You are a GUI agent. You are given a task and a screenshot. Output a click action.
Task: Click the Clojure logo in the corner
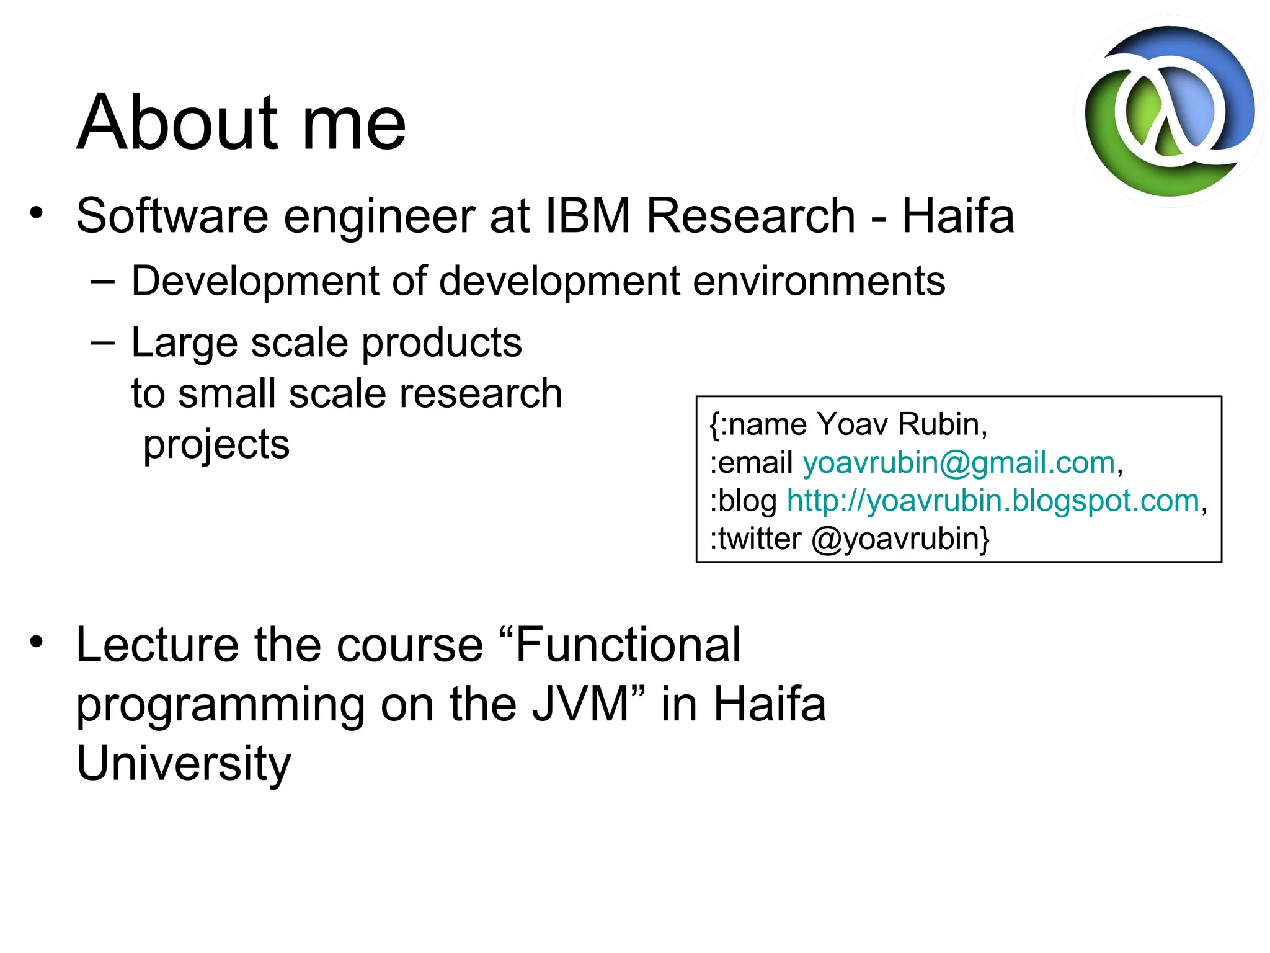pyautogui.click(x=1169, y=112)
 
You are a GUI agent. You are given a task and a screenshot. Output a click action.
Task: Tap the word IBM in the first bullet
pyautogui.click(x=588, y=216)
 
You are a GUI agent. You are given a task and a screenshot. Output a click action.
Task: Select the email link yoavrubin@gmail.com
pyautogui.click(x=959, y=463)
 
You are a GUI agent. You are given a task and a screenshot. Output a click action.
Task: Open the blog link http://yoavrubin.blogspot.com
pyautogui.click(x=993, y=501)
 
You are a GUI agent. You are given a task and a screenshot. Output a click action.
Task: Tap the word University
pyautogui.click(x=184, y=763)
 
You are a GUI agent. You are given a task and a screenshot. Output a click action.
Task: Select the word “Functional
pyautogui.click(x=620, y=645)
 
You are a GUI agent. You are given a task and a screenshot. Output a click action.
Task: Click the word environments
pyautogui.click(x=819, y=282)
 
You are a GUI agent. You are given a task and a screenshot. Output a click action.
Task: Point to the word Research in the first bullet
pyautogui.click(x=750, y=216)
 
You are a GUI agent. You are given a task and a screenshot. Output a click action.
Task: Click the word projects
pyautogui.click(x=216, y=445)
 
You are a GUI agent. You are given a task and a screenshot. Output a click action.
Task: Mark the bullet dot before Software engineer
pyautogui.click(x=37, y=213)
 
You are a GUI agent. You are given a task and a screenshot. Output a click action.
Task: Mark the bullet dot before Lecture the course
pyautogui.click(x=37, y=642)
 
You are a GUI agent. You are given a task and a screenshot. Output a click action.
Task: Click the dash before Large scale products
pyautogui.click(x=102, y=343)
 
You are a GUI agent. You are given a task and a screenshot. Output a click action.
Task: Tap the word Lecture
pyautogui.click(x=157, y=645)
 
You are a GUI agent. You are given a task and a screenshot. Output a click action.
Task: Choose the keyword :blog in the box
pyautogui.click(x=743, y=501)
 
